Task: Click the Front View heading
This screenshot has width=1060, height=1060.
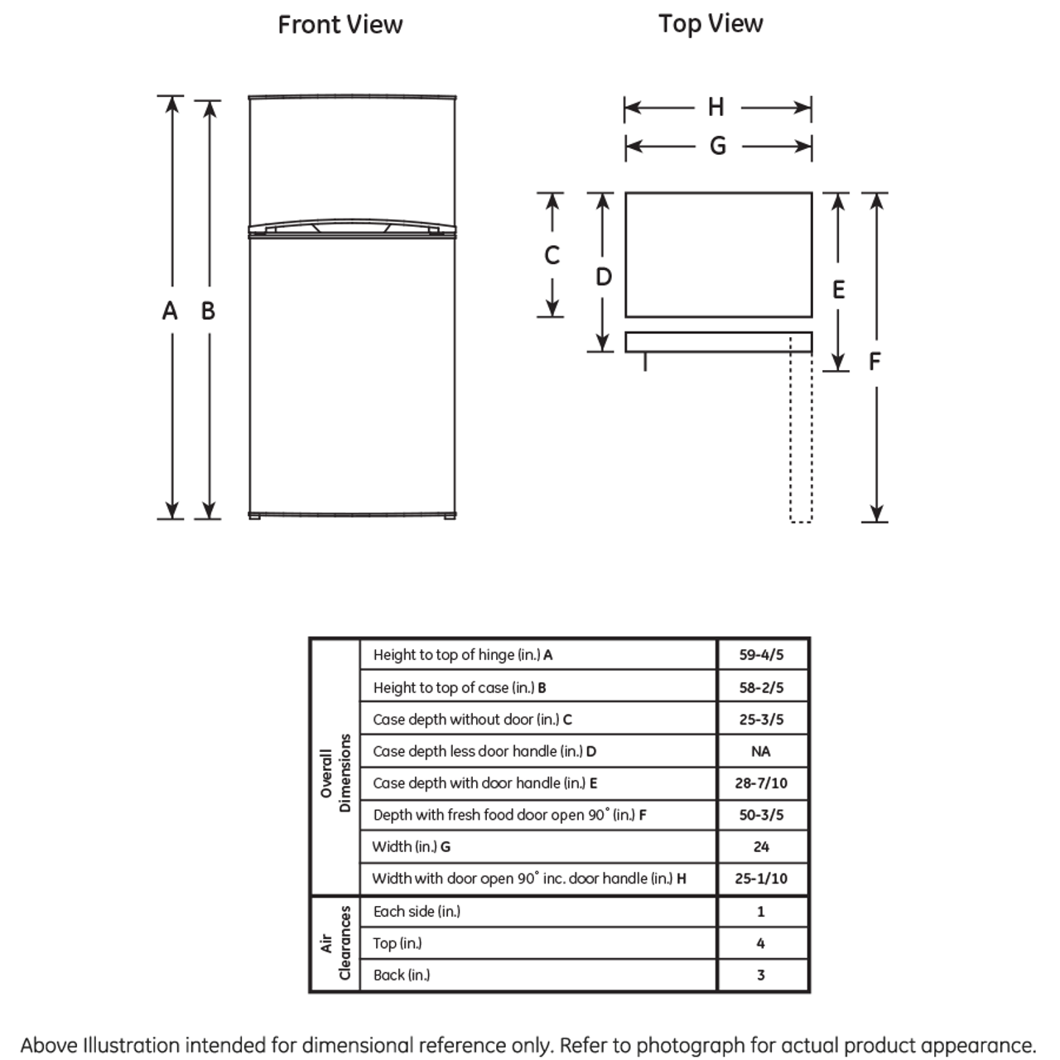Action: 340,25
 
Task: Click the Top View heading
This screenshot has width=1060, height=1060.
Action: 711,24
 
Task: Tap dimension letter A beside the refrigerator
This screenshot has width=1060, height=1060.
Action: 170,311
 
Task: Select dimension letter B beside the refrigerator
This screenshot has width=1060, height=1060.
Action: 208,311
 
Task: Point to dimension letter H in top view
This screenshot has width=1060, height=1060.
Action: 716,107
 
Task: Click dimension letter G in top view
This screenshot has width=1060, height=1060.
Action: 717,146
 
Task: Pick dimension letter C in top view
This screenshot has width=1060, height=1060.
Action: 552,255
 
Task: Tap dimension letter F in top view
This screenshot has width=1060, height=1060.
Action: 874,361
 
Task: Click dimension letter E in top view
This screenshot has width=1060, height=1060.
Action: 838,290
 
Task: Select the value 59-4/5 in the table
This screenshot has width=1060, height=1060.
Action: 761,655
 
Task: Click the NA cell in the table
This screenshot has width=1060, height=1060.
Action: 761,751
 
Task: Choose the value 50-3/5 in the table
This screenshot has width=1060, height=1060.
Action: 761,815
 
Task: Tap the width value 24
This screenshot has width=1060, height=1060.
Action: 761,846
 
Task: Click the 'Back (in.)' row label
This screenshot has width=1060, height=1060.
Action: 402,975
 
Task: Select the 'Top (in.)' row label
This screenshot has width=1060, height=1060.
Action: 397,943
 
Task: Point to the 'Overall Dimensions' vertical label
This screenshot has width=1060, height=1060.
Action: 335,773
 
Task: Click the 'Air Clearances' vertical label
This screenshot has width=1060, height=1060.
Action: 335,943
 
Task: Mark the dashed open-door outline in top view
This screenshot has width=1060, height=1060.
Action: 801,431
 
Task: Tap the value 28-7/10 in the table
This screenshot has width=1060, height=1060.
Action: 761,783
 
